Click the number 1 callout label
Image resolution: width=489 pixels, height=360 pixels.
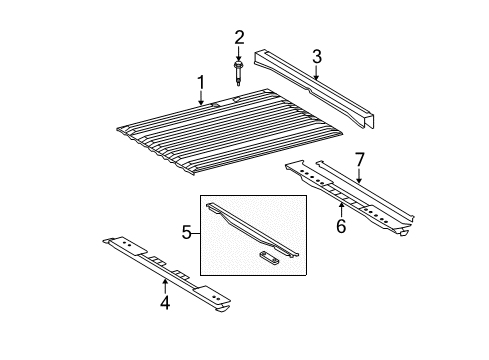pos(200,81)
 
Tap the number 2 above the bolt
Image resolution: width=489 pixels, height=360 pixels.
pos(239,38)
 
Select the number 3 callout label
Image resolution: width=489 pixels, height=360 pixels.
pos(316,55)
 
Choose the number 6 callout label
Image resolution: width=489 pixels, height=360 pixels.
pos(341,228)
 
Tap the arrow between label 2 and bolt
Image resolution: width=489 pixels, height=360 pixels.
pos(239,53)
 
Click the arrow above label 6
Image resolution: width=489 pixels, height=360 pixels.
pos(341,211)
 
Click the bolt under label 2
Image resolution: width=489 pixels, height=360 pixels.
pos(240,73)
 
